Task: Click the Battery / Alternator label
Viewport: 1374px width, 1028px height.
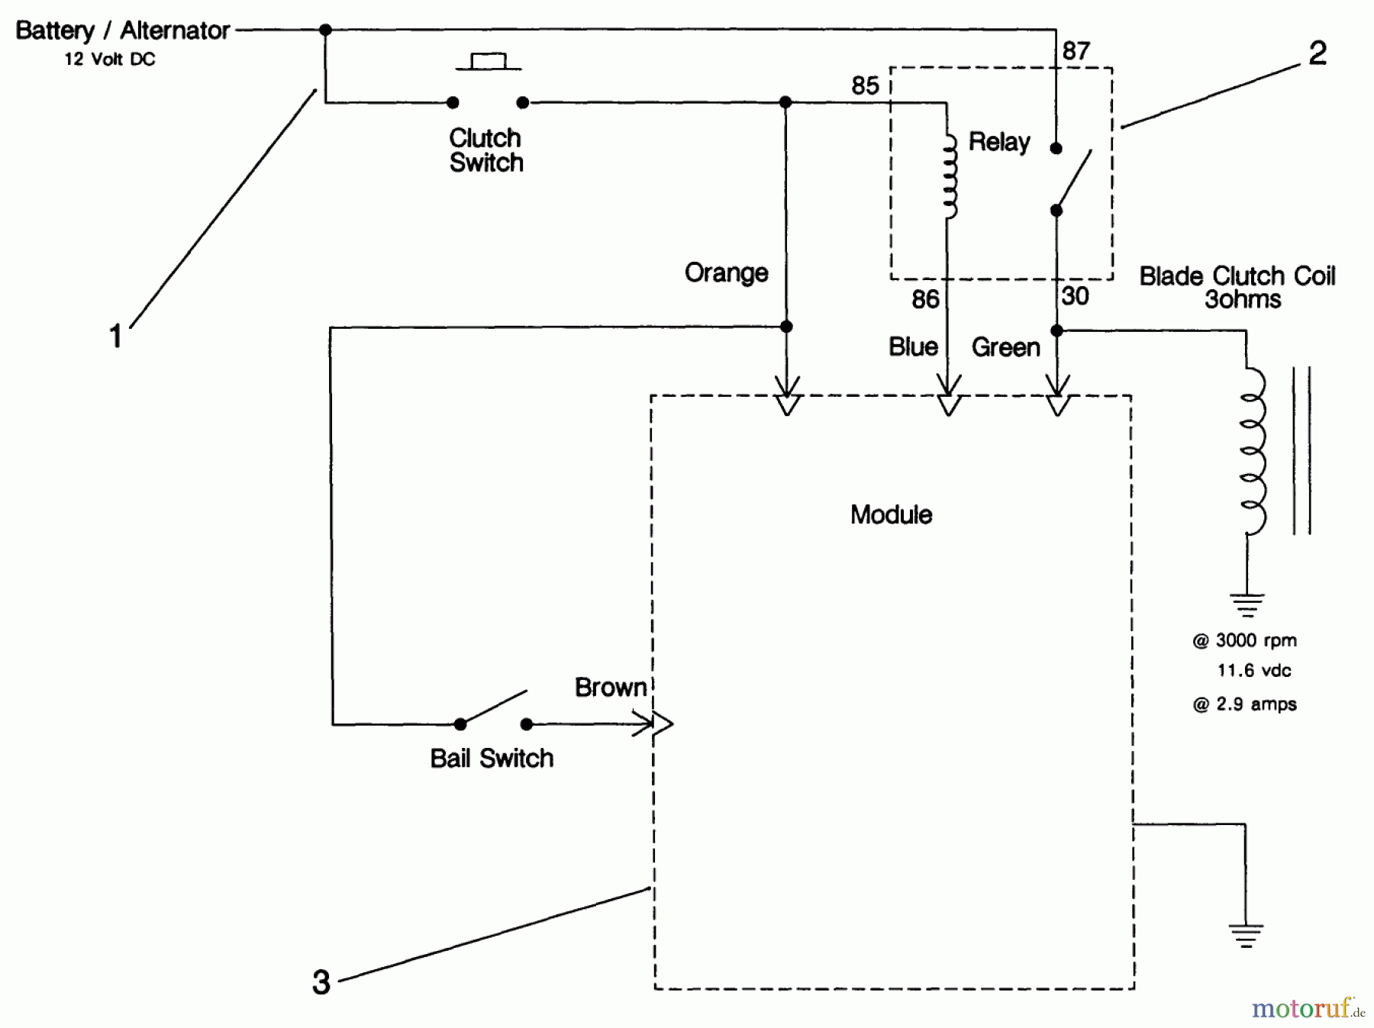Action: [122, 31]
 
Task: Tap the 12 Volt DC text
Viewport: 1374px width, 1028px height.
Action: [109, 60]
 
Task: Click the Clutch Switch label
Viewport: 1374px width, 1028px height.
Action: [485, 150]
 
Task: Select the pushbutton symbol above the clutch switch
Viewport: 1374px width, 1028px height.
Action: [488, 62]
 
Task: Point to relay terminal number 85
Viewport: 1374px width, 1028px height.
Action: [865, 85]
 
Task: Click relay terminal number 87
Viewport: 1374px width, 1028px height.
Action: [1076, 51]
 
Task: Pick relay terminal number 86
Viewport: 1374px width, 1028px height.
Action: [925, 299]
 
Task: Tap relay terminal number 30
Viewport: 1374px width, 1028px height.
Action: [1075, 296]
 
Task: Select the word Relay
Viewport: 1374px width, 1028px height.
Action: [999, 142]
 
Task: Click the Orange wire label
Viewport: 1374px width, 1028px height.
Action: [726, 273]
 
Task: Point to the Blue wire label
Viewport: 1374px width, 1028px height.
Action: [913, 347]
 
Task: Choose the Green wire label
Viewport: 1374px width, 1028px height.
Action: [1005, 348]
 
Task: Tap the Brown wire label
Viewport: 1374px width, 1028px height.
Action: [610, 688]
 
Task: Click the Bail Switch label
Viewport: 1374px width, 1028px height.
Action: [492, 759]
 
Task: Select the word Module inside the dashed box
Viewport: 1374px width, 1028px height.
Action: [891, 515]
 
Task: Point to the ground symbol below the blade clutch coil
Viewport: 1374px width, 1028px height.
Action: [1247, 604]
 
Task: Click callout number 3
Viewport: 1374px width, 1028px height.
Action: [321, 982]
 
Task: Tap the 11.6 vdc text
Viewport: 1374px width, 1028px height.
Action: [1253, 671]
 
